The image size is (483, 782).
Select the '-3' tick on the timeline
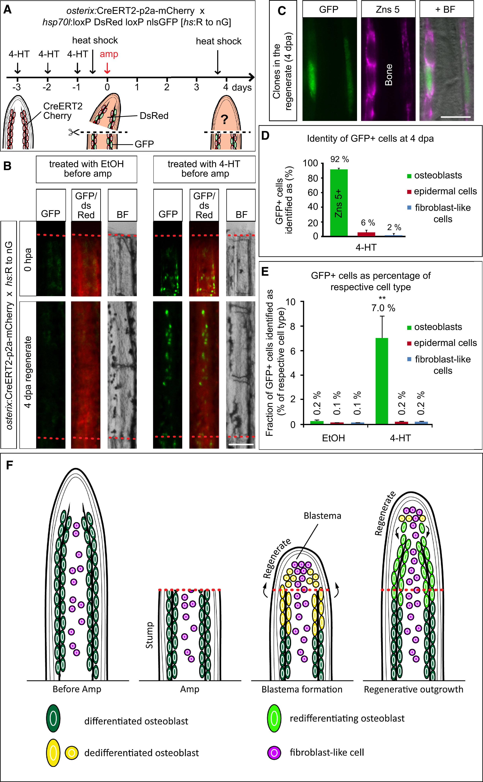(17, 87)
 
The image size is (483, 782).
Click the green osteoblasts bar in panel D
(339, 203)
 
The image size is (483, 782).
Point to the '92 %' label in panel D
(340, 159)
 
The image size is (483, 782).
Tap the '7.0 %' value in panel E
(383, 308)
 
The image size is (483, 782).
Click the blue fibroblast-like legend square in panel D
(409, 208)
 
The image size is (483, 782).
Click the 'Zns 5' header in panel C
(388, 10)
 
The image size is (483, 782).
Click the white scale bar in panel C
(456, 117)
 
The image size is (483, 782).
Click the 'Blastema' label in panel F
(322, 516)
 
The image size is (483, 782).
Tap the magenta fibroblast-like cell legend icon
(274, 753)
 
